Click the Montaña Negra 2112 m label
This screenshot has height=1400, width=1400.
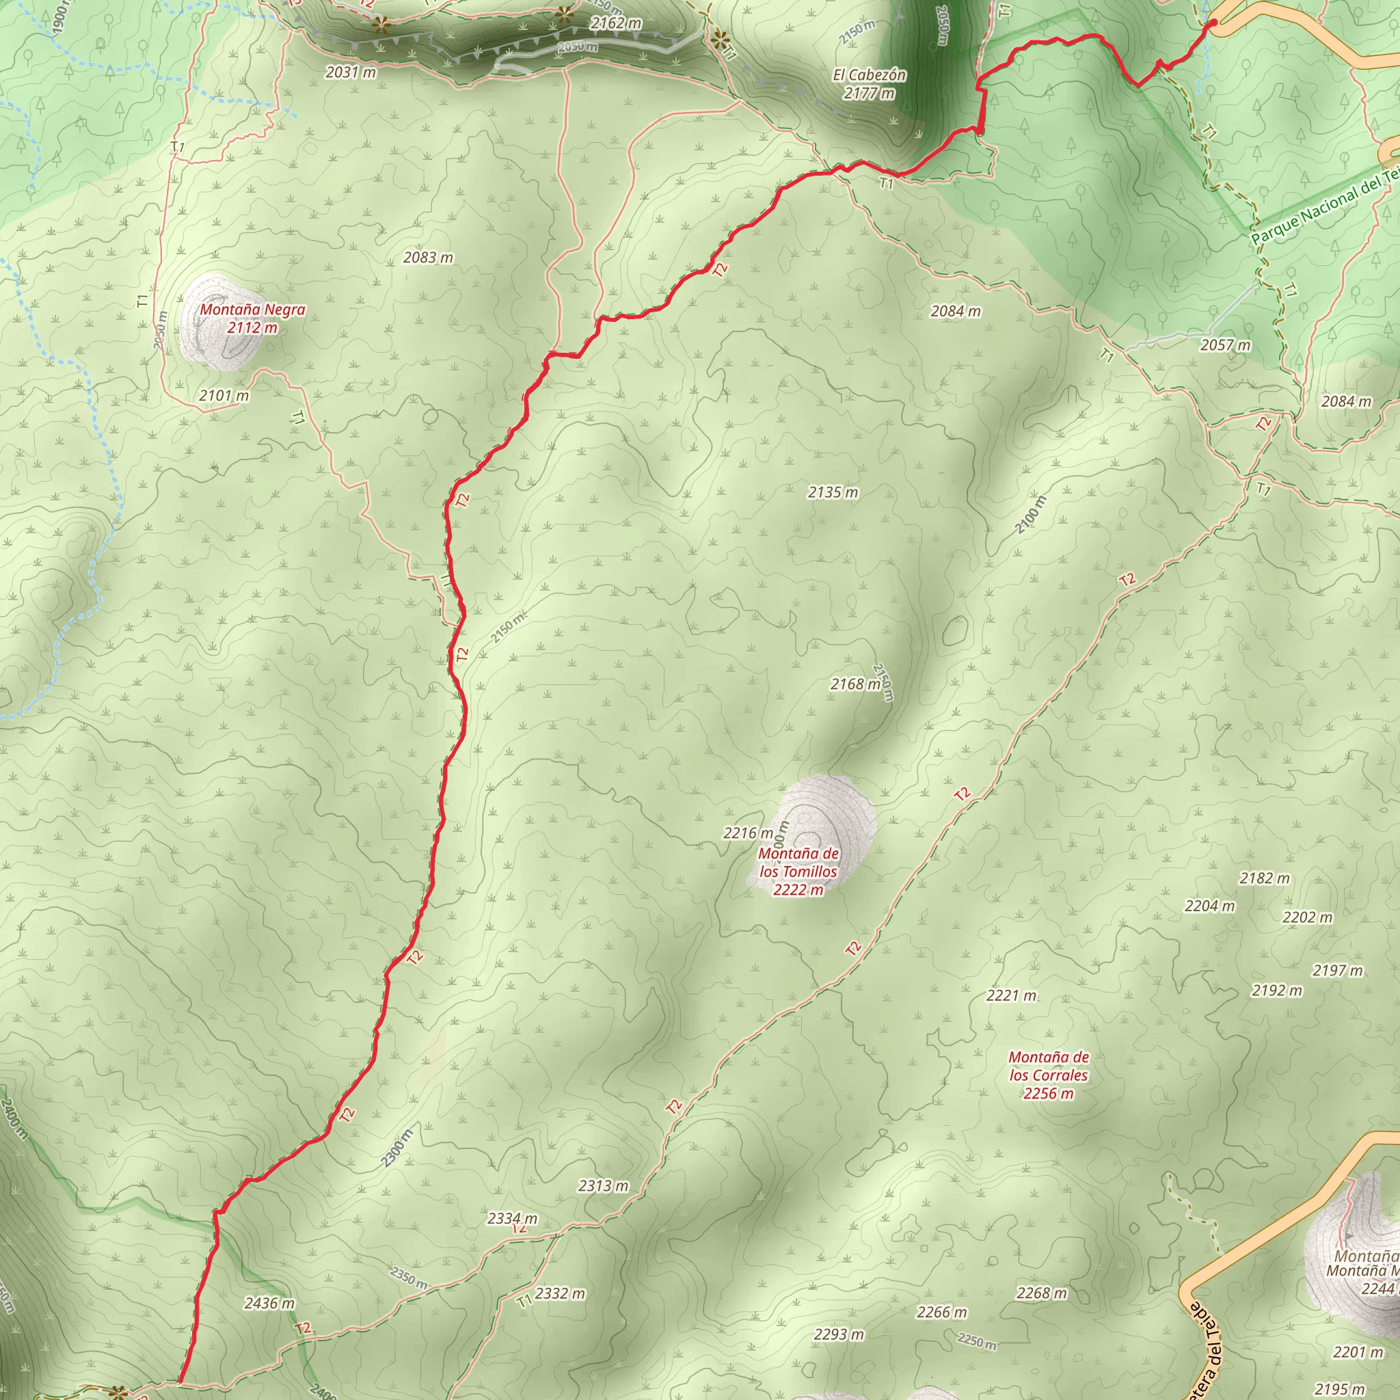pos(252,319)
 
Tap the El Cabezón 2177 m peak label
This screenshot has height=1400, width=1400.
pos(869,84)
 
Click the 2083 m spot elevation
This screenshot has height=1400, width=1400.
pos(428,258)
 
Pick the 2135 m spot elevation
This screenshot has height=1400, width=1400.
pos(833,493)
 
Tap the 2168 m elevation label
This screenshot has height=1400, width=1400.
pos(855,684)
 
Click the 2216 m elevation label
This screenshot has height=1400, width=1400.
pos(748,833)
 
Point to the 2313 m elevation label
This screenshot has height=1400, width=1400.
pos(603,1186)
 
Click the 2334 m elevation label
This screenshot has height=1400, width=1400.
pos(512,1219)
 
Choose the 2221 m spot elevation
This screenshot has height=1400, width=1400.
pos(1011,995)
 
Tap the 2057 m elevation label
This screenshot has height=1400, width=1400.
pos(1226,345)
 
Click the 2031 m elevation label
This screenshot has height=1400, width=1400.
pos(351,72)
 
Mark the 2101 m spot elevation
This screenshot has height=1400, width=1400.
pos(224,396)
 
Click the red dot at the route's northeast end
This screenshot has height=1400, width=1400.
pos(1214,23)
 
